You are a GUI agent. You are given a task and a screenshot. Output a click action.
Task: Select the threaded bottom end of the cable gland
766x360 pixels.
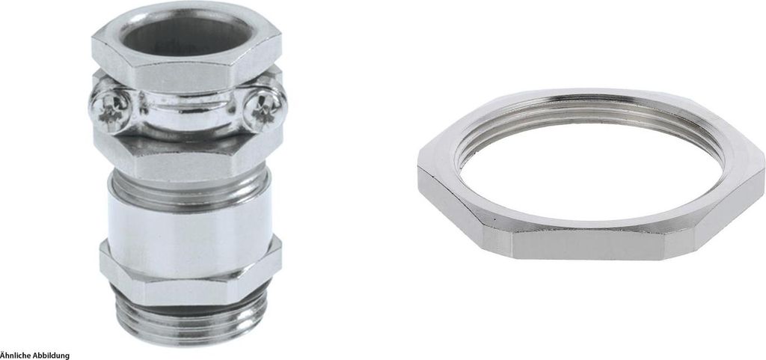[190, 314]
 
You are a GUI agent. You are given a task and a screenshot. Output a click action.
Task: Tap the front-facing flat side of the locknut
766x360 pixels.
[590, 242]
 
